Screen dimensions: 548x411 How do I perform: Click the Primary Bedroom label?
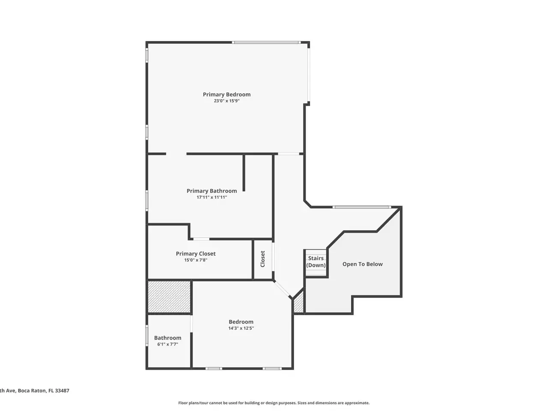point(226,95)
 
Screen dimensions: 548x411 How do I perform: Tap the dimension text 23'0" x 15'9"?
point(226,101)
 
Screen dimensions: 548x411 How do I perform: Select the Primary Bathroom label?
point(212,191)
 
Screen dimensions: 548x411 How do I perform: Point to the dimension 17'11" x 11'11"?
point(212,197)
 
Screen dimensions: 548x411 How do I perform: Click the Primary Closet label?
point(196,254)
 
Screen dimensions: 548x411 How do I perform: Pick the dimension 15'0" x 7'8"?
point(196,260)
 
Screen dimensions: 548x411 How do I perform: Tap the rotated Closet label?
point(262,259)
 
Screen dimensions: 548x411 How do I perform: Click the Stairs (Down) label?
point(316,262)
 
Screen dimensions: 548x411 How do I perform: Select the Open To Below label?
point(362,264)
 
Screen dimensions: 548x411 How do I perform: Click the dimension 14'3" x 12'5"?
point(241,328)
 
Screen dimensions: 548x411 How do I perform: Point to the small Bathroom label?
point(167,338)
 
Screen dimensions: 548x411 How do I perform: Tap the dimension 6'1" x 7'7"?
point(167,344)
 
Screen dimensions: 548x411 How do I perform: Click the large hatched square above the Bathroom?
point(169,297)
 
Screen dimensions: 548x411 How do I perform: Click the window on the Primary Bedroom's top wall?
point(266,42)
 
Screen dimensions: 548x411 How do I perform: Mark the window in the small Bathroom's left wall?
point(147,335)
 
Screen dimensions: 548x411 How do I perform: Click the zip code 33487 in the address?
point(62,390)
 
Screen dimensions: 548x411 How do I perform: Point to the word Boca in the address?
point(24,390)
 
